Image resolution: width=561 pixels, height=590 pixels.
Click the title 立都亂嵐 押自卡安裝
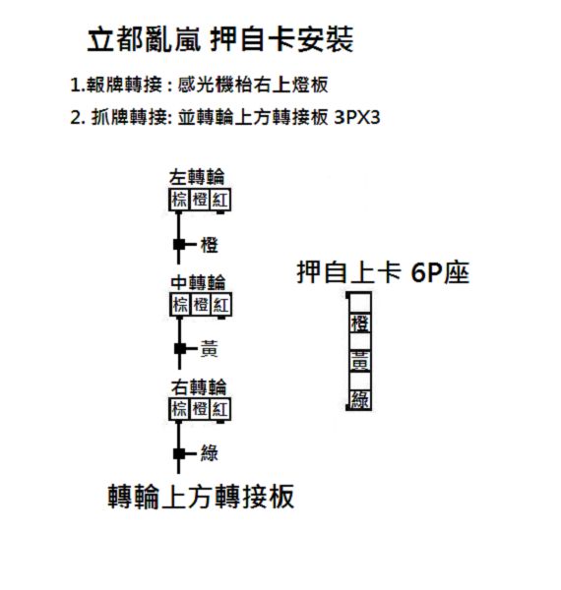[220, 39]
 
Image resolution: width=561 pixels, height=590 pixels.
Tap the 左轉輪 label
[197, 177]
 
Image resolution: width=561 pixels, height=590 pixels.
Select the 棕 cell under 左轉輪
[179, 200]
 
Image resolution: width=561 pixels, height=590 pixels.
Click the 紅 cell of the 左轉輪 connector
[219, 200]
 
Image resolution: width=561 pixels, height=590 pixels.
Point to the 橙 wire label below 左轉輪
[210, 245]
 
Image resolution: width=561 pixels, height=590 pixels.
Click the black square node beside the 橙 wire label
[179, 245]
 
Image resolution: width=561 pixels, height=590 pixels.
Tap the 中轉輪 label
[198, 282]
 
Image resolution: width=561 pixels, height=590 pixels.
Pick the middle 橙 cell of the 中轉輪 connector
[201, 304]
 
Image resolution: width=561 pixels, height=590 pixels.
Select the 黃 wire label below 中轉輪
[210, 349]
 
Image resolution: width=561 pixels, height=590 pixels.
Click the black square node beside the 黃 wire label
[180, 349]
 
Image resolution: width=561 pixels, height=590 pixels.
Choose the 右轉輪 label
[199, 387]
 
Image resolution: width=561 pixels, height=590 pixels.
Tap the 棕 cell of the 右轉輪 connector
[179, 409]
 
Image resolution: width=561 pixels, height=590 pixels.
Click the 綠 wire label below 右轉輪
[210, 453]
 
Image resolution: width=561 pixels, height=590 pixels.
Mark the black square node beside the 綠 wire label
[179, 453]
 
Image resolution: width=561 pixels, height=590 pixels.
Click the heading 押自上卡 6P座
[383, 272]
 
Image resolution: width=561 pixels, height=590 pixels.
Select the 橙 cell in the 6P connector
[360, 324]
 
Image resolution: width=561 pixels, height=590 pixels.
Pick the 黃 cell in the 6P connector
[360, 362]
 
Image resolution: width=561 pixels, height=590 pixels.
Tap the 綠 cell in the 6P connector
[360, 400]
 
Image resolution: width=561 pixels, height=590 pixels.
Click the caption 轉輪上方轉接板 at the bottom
[201, 497]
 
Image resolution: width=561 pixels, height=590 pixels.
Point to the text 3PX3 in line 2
[357, 117]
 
